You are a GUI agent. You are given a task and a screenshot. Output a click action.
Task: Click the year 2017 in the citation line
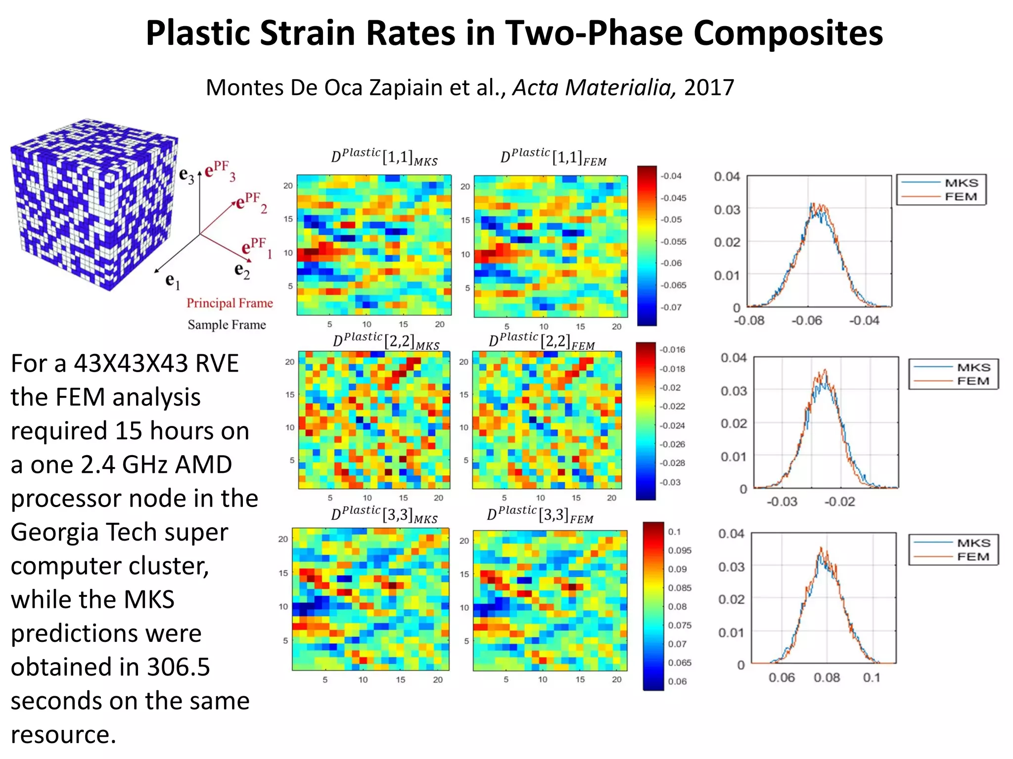click(x=709, y=87)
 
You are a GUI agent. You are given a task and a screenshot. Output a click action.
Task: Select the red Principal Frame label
click(x=230, y=303)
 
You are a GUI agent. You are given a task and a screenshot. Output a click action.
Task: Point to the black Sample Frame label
click(x=227, y=325)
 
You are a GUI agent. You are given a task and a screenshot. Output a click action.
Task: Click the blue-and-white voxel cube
click(x=94, y=203)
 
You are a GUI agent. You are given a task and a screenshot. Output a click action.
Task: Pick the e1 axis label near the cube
click(x=172, y=281)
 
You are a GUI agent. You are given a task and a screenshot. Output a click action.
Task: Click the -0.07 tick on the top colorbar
click(x=672, y=307)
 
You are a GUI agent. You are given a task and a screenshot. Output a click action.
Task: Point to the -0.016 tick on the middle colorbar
click(x=673, y=349)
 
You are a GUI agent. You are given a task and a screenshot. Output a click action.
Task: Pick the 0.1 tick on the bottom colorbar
click(x=674, y=532)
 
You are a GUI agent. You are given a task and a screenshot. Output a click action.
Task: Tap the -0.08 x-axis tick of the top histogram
click(x=749, y=321)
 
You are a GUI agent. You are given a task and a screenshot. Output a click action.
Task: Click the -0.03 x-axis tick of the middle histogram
click(x=782, y=502)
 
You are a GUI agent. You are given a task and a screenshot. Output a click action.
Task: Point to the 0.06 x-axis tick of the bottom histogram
click(x=782, y=677)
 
